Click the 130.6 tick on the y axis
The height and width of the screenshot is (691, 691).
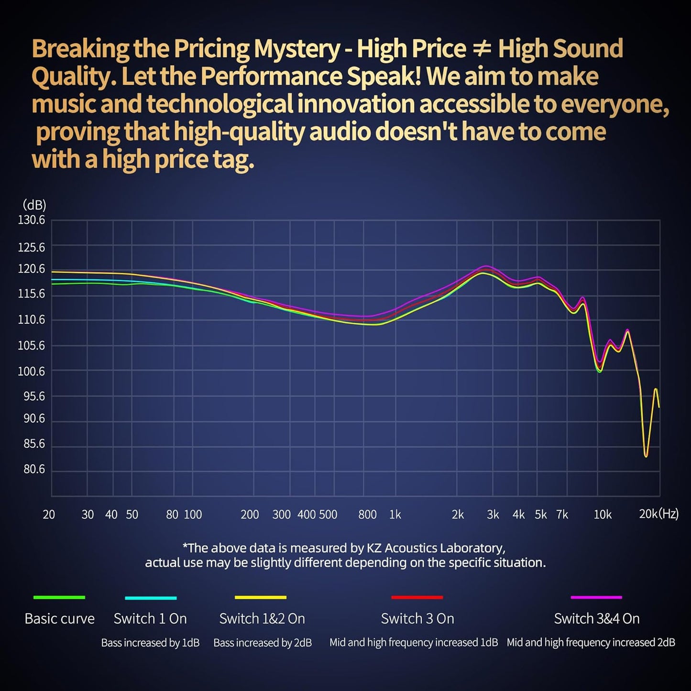click(32, 220)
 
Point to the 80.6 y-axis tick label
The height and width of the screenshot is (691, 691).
click(34, 470)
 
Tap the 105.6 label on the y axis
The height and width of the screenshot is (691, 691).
click(32, 345)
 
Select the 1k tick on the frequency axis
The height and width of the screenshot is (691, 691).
click(395, 515)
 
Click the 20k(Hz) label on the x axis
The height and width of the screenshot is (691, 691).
click(658, 514)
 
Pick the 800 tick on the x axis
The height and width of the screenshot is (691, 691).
click(367, 515)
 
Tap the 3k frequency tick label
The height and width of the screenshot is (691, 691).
click(493, 515)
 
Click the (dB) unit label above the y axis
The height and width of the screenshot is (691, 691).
click(34, 205)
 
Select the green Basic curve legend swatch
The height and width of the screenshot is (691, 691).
click(59, 597)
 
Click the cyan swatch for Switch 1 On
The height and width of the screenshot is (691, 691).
click(151, 598)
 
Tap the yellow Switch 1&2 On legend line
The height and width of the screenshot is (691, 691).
click(261, 597)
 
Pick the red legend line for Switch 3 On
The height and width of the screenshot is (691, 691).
click(417, 597)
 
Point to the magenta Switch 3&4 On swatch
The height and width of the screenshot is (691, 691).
click(596, 597)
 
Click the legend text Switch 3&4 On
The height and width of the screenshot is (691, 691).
click(596, 619)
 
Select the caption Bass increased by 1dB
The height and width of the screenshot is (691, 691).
click(150, 643)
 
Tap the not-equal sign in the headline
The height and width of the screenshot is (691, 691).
click(482, 49)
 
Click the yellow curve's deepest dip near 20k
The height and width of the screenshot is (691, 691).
click(646, 456)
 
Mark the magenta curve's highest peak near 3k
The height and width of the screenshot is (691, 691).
click(486, 266)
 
